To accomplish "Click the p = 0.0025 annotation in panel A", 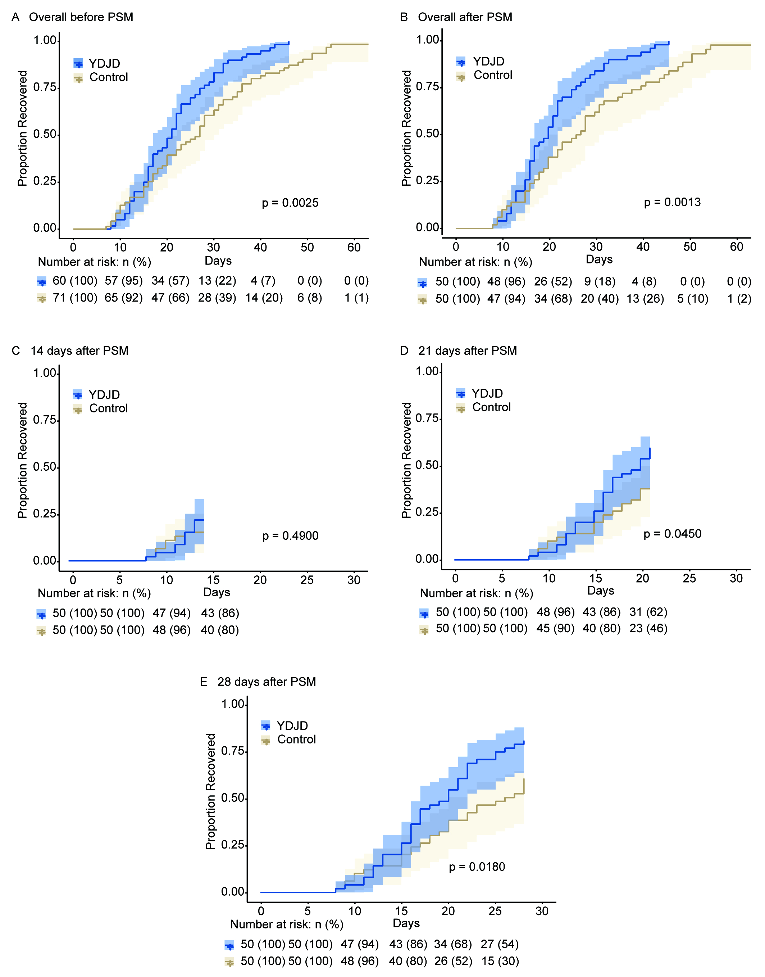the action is point(290,203).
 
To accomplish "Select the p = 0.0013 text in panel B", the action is point(672,202).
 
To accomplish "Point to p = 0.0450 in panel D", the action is point(672,534).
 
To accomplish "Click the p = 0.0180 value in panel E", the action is point(477,867).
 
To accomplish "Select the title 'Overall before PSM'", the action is point(81,17).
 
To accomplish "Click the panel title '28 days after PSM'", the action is point(267,682).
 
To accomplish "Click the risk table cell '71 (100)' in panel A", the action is point(75,298).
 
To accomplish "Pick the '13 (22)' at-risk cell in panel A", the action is point(217,281).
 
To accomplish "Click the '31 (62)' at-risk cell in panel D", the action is point(648,612).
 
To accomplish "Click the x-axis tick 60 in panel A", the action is point(354,247).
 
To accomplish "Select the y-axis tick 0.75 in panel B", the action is point(427,86).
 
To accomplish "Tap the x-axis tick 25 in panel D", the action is point(689,578).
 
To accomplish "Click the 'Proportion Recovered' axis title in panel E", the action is point(210,791).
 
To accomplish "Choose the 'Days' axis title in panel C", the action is point(217,592).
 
